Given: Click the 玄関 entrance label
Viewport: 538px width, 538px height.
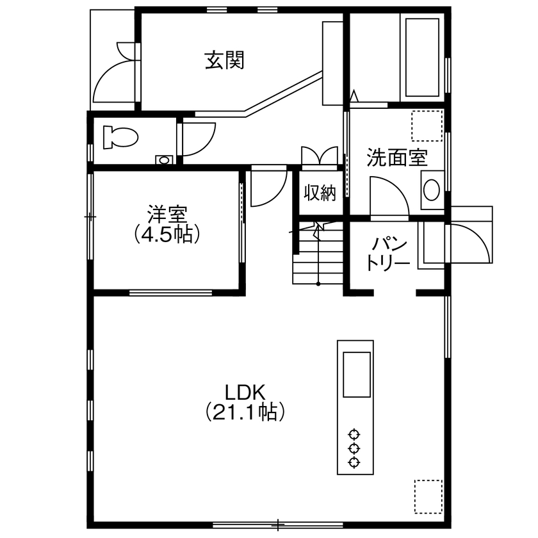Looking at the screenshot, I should (x=224, y=61).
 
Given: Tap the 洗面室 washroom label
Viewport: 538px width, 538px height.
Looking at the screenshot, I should (x=396, y=158).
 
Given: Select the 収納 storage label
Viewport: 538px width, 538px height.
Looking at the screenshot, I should (x=320, y=193).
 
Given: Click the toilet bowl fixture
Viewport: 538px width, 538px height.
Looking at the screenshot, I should (x=120, y=136).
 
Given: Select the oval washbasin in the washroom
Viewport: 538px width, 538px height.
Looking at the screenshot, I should (x=432, y=190).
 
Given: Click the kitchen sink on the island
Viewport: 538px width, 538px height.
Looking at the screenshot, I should (x=357, y=375).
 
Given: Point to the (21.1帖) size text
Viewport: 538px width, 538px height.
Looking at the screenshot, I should (x=244, y=412).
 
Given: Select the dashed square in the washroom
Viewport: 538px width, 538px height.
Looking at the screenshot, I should (x=427, y=126).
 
